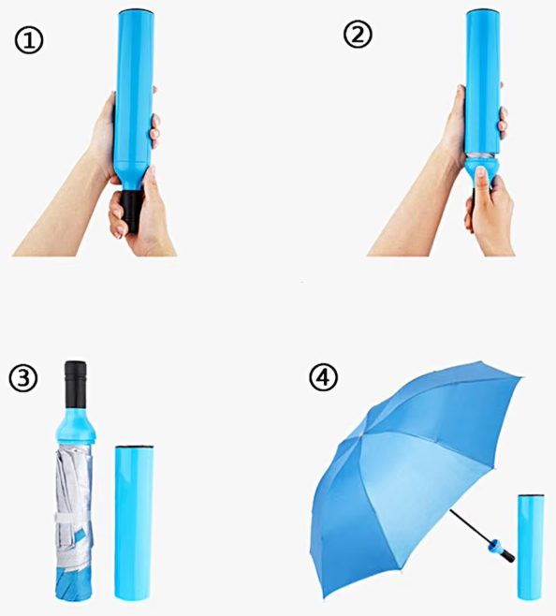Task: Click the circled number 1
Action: tap(29, 40)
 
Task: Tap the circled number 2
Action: tap(358, 35)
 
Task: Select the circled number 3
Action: tap(22, 378)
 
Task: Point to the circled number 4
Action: tap(323, 377)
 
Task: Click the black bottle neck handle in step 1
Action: tap(130, 211)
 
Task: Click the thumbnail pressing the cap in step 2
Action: tap(480, 172)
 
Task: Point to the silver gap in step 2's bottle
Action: tap(482, 155)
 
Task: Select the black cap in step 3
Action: tap(75, 384)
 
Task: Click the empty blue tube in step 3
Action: tap(134, 522)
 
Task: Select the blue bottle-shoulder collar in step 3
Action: tap(76, 426)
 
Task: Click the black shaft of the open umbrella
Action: tap(470, 526)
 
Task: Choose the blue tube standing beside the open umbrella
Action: tap(531, 547)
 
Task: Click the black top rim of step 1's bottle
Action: tap(137, 11)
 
